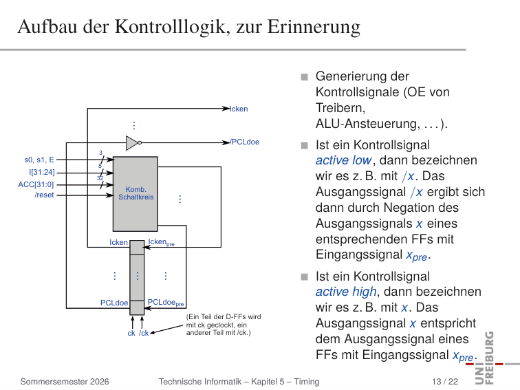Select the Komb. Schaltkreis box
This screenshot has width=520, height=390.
pos(136,194)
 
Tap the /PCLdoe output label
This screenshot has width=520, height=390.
pos(245,142)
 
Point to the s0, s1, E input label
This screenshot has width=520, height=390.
pos(39,160)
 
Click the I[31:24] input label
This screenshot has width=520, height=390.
pos(42,173)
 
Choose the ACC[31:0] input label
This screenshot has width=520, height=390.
pos(36,184)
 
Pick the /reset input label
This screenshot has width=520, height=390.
pos(44,195)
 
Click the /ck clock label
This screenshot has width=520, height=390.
pos(144,333)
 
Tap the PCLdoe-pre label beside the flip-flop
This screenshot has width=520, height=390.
pos(166,303)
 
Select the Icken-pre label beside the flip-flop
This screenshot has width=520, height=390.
pos(161,242)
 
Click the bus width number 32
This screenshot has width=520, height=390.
pos(100,178)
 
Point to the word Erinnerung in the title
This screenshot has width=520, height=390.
pos(314,27)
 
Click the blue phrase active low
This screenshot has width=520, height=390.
pos(343,160)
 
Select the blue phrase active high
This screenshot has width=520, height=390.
pos(346,292)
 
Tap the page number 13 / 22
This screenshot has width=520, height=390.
pos(445,382)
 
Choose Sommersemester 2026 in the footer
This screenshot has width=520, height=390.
pos(65,382)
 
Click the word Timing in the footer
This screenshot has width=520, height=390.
pos(307,382)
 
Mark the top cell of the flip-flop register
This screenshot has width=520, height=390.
pos(137,248)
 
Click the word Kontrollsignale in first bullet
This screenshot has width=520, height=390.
pos(358,92)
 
